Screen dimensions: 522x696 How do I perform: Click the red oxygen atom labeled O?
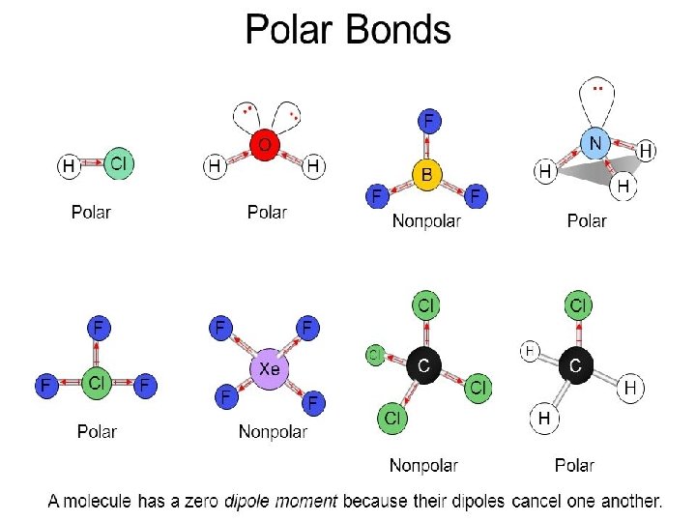pos(264,145)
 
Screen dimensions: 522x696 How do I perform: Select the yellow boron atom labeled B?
pos(427,174)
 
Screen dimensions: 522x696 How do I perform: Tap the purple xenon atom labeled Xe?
pos(270,369)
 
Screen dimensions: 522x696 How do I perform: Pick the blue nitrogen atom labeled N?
pos(595,144)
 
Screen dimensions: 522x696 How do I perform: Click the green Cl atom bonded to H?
pos(117,163)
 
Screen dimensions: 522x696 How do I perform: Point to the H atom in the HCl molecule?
pos(69,166)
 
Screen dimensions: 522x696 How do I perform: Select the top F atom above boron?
pos(428,121)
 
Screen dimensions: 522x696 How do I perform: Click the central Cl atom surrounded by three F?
pos(96,383)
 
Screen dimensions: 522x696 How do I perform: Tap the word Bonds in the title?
pos(397,30)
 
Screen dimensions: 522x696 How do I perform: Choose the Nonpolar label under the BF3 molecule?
pos(426,221)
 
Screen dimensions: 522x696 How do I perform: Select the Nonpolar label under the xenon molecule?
pos(273,432)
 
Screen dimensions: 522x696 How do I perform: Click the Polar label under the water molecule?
pos(267,212)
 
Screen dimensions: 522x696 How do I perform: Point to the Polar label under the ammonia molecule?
pos(587,221)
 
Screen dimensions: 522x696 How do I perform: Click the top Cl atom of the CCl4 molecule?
pos(425,305)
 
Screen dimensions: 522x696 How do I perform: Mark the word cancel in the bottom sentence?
pos(542,502)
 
